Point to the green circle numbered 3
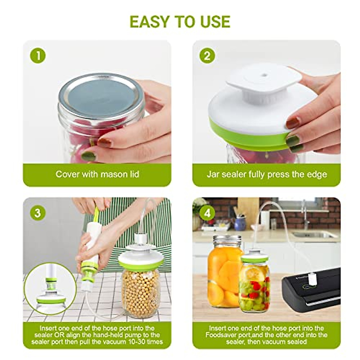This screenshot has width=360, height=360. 38,213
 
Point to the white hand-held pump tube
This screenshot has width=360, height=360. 92,240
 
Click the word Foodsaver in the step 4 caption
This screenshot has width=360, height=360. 223,335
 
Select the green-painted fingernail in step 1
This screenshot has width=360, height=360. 88,156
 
